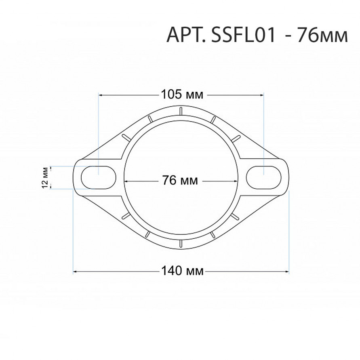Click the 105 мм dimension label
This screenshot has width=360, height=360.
182,94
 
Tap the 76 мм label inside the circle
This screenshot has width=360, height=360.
180,180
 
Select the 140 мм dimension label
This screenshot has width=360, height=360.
183,271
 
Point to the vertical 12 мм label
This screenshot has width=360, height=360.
45,177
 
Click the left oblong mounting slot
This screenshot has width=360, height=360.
99,177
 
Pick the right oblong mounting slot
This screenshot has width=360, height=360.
263,177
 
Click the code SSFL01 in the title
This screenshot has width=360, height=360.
243,35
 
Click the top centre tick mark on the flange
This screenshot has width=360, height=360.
181,111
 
